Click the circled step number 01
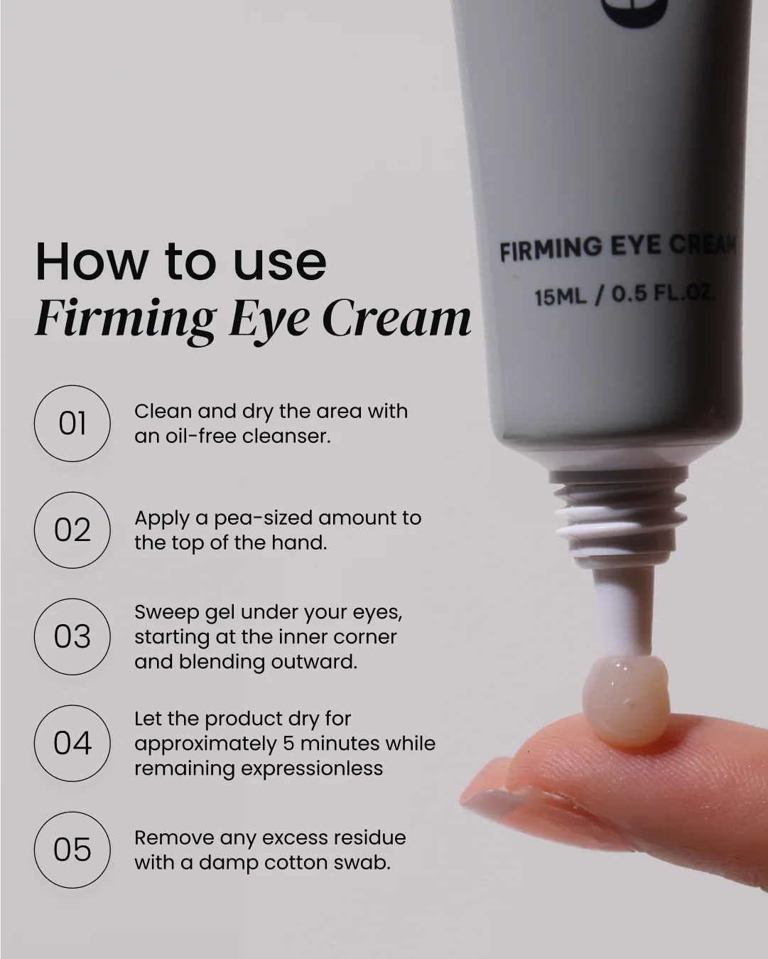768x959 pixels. [x=72, y=423]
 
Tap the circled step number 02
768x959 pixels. [x=72, y=530]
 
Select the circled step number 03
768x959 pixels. [x=72, y=636]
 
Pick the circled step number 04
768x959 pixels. [x=72, y=744]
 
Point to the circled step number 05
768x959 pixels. [x=72, y=850]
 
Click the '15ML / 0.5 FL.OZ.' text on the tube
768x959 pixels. [x=624, y=295]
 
